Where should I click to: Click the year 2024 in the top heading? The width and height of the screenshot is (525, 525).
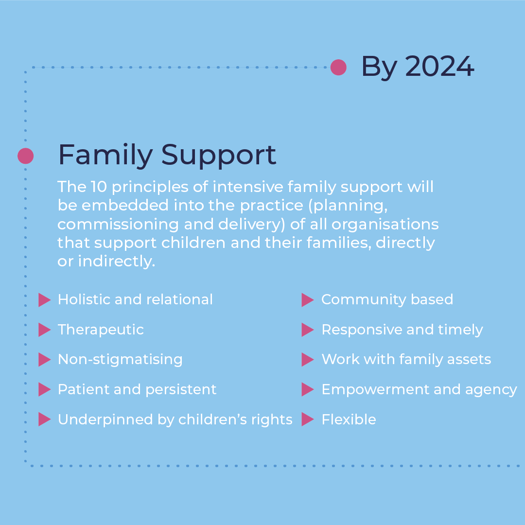point(439,67)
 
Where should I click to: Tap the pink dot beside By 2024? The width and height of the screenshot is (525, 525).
point(338,67)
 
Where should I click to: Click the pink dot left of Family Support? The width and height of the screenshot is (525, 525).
point(25,156)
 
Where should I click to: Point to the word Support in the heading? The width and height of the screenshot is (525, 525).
point(218,156)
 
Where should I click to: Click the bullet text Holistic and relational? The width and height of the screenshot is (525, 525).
point(135,299)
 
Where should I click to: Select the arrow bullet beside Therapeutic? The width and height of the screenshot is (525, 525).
point(44,330)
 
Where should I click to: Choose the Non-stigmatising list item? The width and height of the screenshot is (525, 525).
point(120,359)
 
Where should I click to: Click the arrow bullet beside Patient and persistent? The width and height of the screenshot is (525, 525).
point(44,389)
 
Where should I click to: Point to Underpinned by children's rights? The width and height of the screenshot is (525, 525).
point(175,420)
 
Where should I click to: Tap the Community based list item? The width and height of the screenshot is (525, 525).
point(387,299)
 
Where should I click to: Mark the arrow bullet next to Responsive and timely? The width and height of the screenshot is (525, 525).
point(307,330)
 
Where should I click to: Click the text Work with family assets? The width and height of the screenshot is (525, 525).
point(406,359)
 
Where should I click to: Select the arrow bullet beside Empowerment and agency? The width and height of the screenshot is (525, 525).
point(307,389)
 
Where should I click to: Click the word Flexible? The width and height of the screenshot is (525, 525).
point(349,420)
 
